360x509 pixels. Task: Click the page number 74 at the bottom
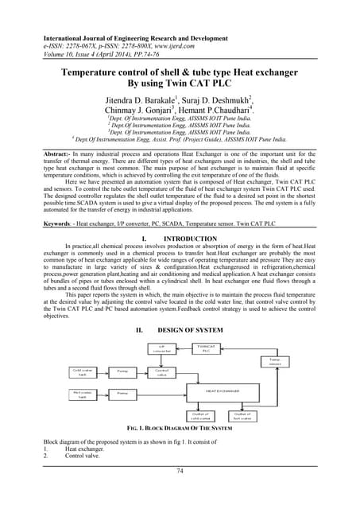[180, 494]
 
